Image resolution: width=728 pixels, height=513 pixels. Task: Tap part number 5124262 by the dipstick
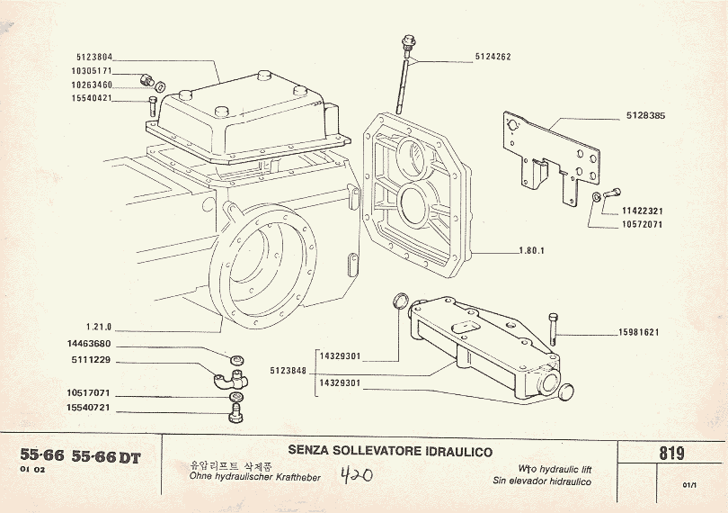(493, 57)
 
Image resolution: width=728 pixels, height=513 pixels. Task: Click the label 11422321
(641, 211)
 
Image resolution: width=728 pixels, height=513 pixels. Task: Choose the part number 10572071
(641, 224)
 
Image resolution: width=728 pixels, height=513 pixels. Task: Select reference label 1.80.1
(532, 250)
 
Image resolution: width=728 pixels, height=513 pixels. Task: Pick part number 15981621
(638, 332)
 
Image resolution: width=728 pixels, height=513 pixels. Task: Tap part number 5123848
(288, 370)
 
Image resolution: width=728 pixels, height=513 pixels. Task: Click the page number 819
(671, 454)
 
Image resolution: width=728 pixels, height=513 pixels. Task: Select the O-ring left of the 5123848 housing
(402, 300)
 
